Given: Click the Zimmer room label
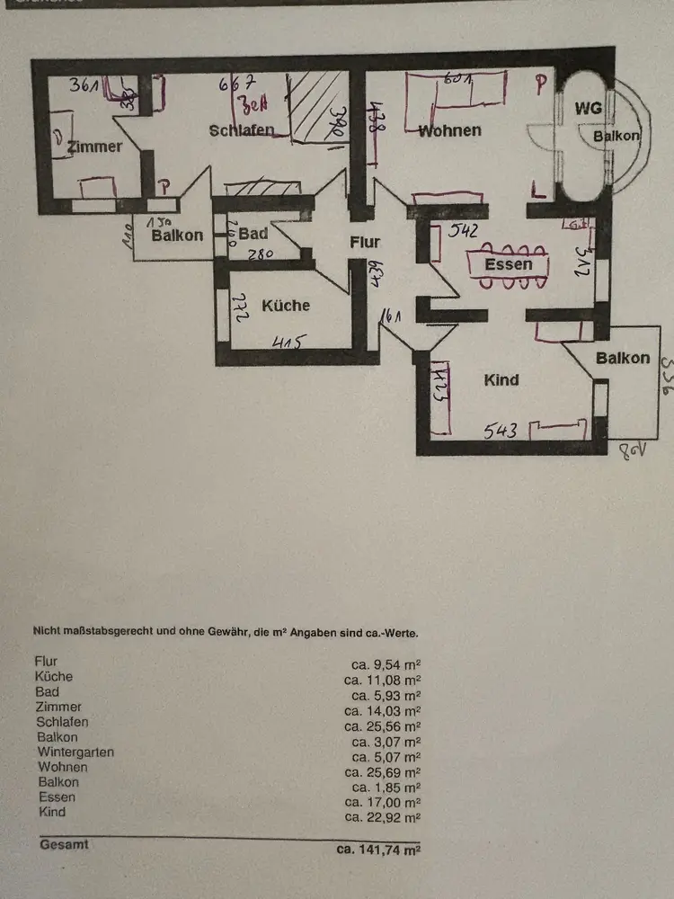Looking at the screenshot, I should coord(94,147).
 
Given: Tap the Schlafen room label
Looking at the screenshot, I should coord(241,130).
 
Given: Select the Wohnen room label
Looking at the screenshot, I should coord(450,130).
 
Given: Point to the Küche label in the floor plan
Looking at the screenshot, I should coord(286,306).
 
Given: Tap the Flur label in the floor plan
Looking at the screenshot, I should coord(365,242).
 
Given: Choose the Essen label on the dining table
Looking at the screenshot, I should coord(508,264).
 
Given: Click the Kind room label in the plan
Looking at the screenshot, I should coord(501,380).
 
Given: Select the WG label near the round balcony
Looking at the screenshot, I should coord(588,109).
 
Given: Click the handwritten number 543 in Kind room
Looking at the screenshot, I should coord(501,432).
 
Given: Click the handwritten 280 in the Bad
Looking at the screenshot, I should coord(261,254).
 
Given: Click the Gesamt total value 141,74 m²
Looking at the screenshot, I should coord(378,848).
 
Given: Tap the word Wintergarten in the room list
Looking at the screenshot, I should coord(75,752).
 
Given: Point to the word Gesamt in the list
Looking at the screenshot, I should coord(64,845).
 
